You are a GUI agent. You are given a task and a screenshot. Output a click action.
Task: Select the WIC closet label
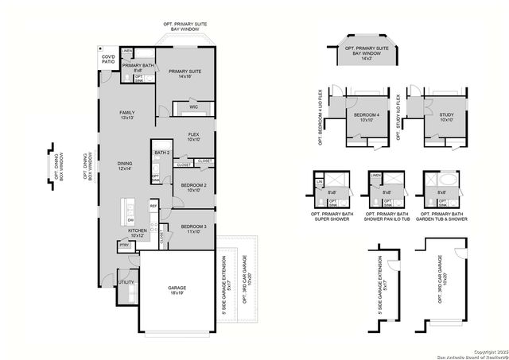click(x=192, y=106)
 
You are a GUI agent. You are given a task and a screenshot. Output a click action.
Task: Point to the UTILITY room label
click(x=125, y=282)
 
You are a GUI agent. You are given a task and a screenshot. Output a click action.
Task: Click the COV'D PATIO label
click(x=107, y=60)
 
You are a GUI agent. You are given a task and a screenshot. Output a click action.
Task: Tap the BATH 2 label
click(x=162, y=153)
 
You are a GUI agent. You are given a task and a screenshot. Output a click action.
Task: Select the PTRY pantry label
click(x=124, y=246)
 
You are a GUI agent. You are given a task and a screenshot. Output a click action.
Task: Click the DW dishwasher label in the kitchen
click(x=130, y=220)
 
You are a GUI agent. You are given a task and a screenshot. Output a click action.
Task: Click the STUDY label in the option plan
click(x=446, y=117)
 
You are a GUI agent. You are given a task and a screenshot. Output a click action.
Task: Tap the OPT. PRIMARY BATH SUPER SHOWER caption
click(x=328, y=218)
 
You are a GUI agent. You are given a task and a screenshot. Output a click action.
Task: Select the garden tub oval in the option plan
click(x=451, y=181)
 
